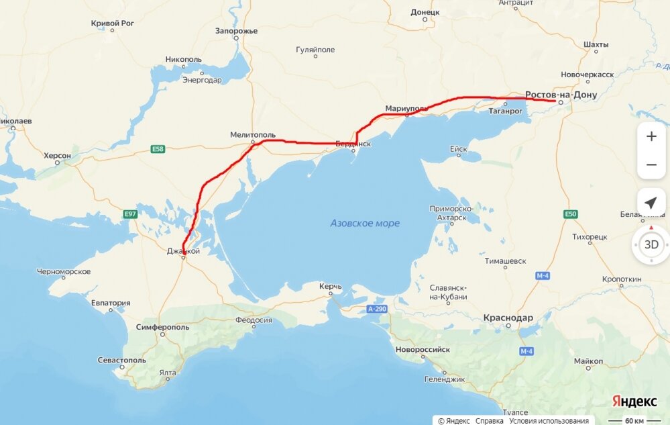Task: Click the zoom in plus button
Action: tap(651, 136)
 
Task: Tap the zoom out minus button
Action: tap(651, 164)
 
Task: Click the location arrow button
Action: tap(651, 203)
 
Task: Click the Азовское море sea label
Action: tap(365, 223)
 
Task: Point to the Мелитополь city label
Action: tap(253, 134)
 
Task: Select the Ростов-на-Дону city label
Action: tap(561, 95)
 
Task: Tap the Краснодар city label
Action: tap(508, 318)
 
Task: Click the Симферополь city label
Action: tap(162, 327)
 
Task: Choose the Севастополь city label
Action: tap(121, 360)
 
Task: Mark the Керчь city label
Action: tap(331, 287)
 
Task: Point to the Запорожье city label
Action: tap(237, 31)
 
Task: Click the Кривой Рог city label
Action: tap(113, 23)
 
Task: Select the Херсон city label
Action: tap(58, 155)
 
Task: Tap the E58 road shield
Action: tap(158, 149)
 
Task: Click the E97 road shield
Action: tap(130, 214)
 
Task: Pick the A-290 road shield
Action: tap(378, 310)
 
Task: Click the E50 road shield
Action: tap(570, 214)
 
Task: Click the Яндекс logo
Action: tap(634, 401)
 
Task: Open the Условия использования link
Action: tap(549, 421)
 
